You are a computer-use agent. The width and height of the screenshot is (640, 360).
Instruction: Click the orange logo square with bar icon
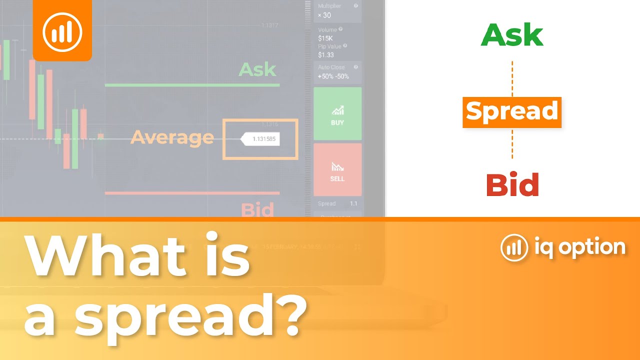62,31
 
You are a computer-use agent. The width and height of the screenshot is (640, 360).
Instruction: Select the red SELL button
337,169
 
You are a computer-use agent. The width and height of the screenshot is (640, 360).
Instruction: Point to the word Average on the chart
172,137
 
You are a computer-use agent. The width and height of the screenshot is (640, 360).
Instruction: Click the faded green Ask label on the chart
257,69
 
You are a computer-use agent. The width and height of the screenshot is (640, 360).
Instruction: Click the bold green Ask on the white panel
512,35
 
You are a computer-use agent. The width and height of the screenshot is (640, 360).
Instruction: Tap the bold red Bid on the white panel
512,185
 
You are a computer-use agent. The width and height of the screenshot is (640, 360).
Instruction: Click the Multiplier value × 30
324,15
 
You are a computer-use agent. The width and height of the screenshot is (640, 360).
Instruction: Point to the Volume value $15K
326,38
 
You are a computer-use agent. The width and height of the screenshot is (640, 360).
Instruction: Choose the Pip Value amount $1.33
326,55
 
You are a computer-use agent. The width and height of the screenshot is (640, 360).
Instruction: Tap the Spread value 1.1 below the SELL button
353,204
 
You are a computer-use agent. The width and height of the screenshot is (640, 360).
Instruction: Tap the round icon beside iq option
514,247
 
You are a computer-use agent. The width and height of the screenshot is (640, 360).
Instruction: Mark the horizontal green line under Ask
192,85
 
